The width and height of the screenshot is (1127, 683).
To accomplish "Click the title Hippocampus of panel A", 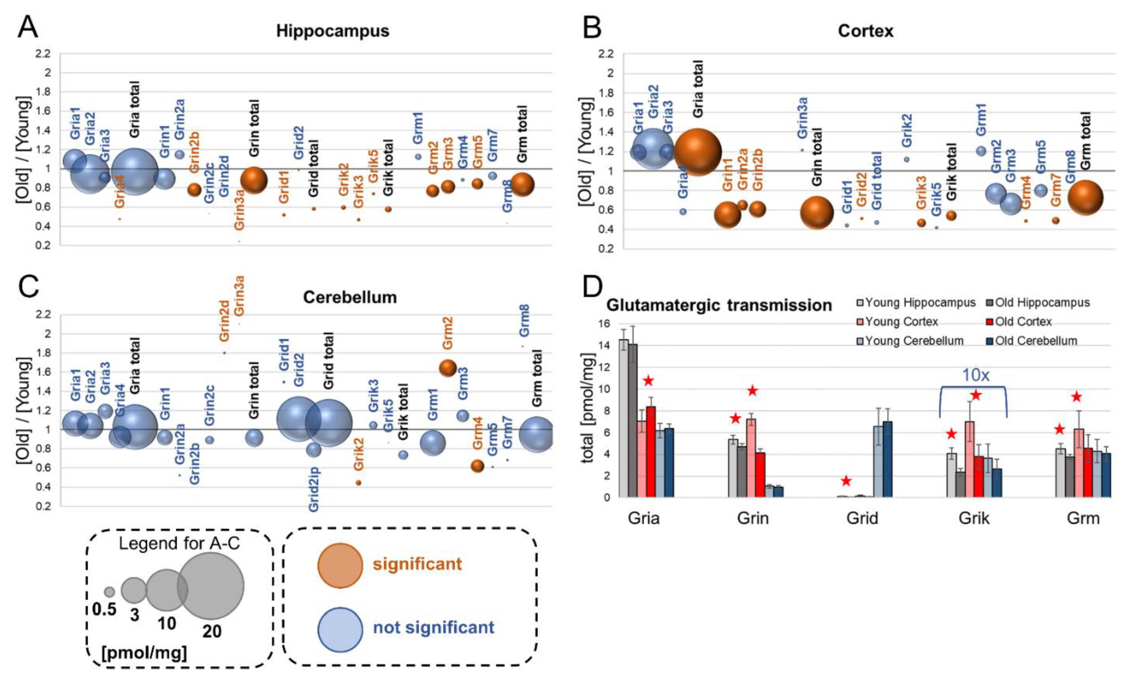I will [333, 31].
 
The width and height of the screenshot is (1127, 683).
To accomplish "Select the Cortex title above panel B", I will [865, 31].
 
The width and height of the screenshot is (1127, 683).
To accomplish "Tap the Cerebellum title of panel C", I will [350, 297].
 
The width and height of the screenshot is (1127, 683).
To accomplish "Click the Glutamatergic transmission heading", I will [719, 305].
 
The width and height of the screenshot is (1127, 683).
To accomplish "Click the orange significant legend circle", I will [340, 565].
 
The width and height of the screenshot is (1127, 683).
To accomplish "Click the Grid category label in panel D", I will [862, 518].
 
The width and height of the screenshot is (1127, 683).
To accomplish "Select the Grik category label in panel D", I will [974, 518].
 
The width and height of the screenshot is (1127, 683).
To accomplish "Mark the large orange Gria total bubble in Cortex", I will [697, 152].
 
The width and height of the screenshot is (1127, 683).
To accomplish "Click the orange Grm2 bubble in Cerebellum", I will [448, 368].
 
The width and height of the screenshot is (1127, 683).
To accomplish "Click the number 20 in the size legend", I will [212, 631].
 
